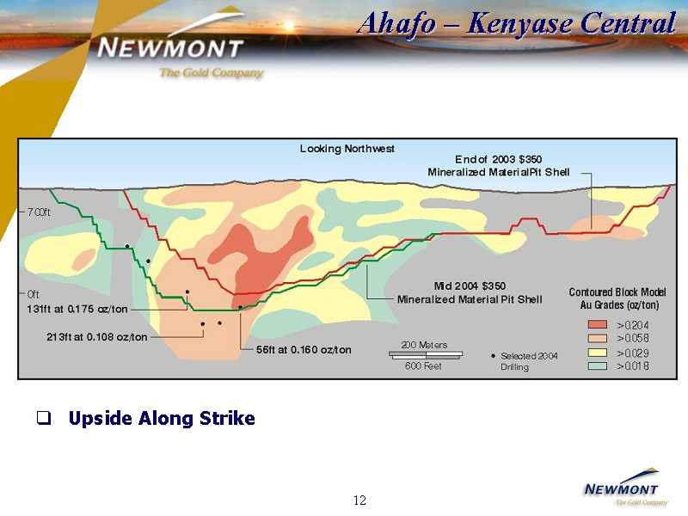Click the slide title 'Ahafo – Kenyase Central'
click(517, 23)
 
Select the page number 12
click(359, 501)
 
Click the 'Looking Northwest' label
click(347, 149)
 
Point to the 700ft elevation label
click(39, 212)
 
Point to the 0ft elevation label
click(33, 293)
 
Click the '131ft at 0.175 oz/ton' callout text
click(77, 309)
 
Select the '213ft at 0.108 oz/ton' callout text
click(97, 337)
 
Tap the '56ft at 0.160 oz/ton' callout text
click(304, 350)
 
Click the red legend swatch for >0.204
click(597, 325)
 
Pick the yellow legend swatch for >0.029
click(597, 353)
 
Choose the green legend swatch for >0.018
click(597, 366)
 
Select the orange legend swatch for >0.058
click(597, 338)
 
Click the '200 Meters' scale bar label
click(424, 345)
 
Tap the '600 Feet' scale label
click(423, 366)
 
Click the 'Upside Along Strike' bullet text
click(162, 418)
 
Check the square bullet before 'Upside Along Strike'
click(44, 418)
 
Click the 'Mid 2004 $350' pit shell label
click(470, 286)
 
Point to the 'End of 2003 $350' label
click(499, 159)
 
